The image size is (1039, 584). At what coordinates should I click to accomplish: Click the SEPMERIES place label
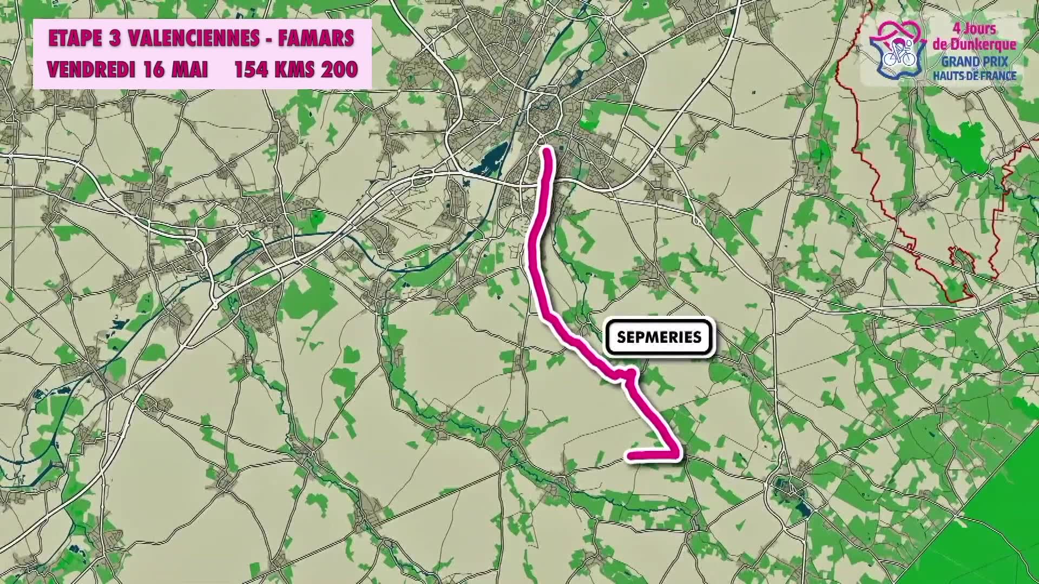(659, 337)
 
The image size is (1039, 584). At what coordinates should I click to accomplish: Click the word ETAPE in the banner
(75, 38)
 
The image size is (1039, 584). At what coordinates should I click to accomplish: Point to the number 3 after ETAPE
(114, 38)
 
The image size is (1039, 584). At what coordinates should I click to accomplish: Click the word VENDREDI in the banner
(90, 70)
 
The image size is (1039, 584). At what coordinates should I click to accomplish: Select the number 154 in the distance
(253, 70)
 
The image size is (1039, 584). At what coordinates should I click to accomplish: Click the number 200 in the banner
(339, 70)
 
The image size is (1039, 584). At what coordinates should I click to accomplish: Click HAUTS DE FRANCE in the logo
(974, 76)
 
